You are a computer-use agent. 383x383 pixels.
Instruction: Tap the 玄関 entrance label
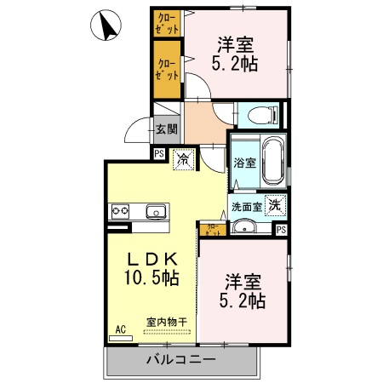tap(167, 129)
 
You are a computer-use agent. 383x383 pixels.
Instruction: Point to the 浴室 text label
tap(245, 163)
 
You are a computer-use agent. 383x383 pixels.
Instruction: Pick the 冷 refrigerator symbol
tap(182, 158)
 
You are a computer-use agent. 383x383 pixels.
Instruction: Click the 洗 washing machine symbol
tap(274, 204)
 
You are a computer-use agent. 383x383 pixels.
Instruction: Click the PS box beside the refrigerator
tap(158, 153)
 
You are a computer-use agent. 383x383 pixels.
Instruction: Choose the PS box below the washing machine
tap(281, 229)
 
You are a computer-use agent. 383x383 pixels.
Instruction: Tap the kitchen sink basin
tap(155, 211)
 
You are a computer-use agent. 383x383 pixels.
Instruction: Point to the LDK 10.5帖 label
tap(153, 267)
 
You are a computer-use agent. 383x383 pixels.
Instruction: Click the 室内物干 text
tap(166, 321)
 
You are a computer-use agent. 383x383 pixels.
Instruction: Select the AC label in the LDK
tap(120, 328)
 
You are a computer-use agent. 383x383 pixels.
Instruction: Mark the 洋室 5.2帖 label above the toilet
tap(236, 53)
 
